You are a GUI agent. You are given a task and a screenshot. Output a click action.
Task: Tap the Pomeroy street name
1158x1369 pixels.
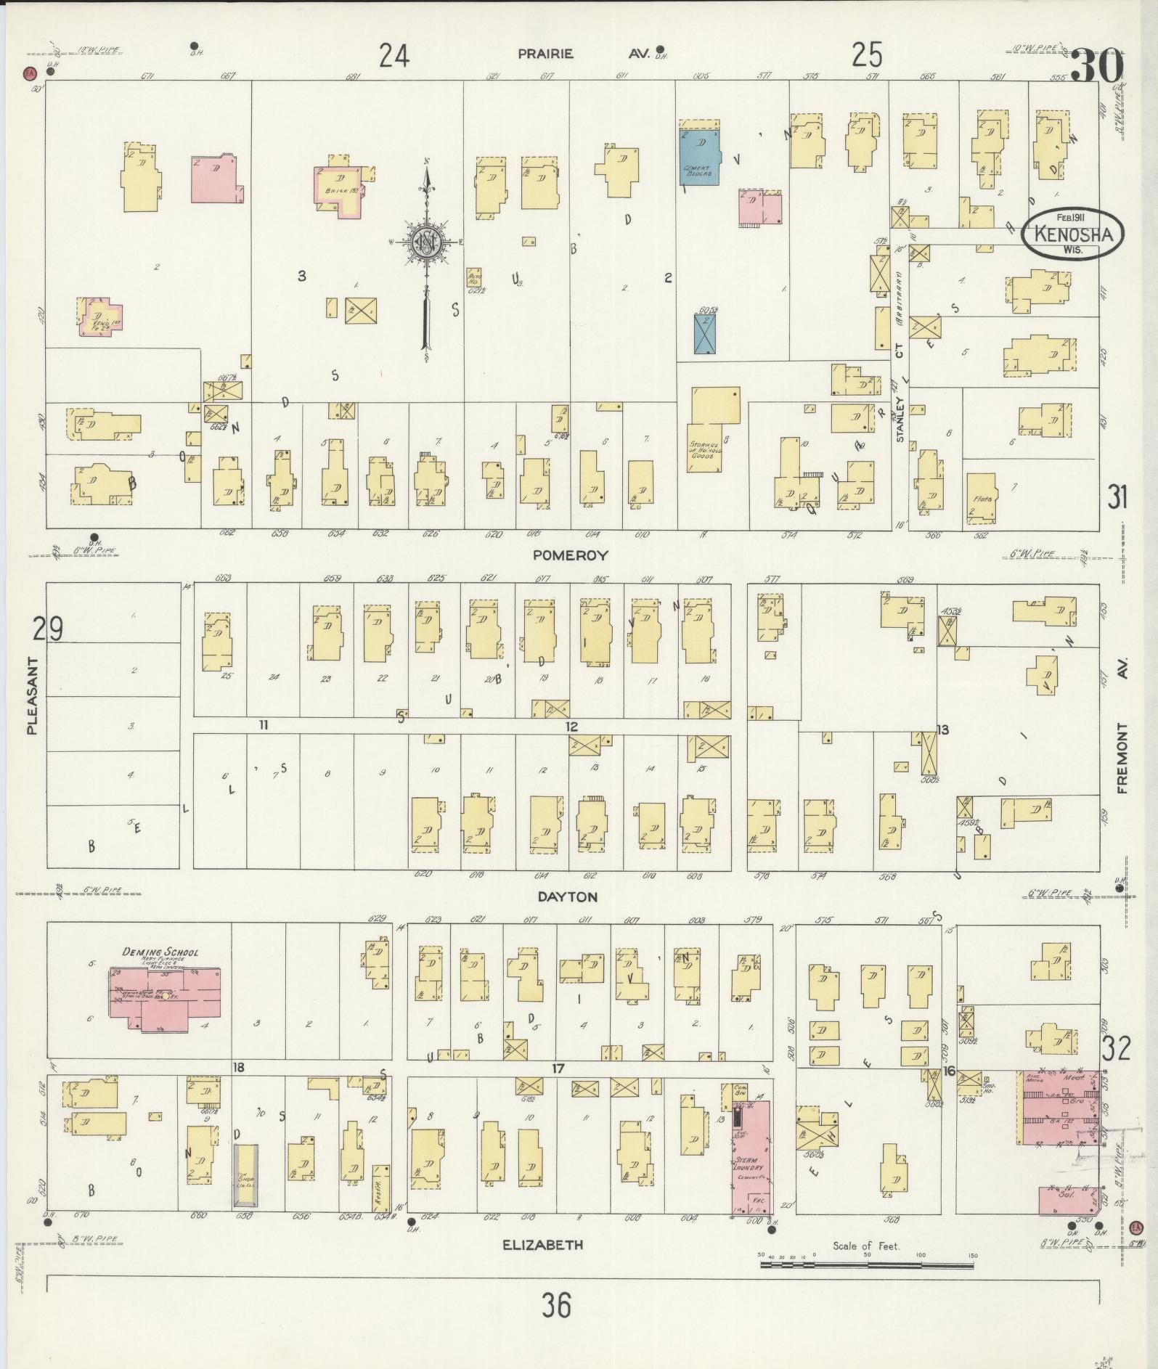570,555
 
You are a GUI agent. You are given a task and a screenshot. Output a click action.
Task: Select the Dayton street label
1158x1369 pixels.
567,896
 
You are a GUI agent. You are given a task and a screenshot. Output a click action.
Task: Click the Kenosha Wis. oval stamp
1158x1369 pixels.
1072,234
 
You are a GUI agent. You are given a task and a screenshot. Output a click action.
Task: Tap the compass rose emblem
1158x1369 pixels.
428,242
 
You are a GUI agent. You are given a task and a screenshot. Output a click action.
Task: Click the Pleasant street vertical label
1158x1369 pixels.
32,695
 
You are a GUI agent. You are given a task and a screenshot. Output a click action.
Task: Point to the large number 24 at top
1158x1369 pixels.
394,55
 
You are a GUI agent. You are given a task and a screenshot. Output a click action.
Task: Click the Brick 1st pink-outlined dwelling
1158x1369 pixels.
338,190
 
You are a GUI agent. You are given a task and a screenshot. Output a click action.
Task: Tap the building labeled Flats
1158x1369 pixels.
982,499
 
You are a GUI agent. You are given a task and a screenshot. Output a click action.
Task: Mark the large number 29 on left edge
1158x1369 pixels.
47,628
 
